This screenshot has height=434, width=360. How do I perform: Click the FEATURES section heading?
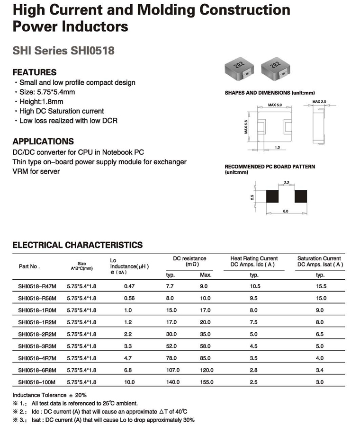(x=34, y=72)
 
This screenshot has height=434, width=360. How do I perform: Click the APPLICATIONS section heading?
(x=43, y=141)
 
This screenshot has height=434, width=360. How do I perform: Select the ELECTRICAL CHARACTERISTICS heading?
(x=77, y=245)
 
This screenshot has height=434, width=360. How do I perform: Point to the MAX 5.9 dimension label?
(x=275, y=105)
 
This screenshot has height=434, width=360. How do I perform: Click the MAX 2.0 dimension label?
(x=320, y=102)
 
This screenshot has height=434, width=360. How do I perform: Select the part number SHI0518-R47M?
(x=37, y=286)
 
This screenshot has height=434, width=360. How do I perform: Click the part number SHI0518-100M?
(x=37, y=382)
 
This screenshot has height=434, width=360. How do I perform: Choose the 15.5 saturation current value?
(x=320, y=286)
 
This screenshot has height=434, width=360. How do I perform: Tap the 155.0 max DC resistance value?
(x=207, y=382)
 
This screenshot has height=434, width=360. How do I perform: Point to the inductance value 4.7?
(x=129, y=358)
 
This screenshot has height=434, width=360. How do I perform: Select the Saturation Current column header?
(x=319, y=261)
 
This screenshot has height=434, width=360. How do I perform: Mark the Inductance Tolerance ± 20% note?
(x=49, y=395)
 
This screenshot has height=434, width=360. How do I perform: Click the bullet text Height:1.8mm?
(x=42, y=101)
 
